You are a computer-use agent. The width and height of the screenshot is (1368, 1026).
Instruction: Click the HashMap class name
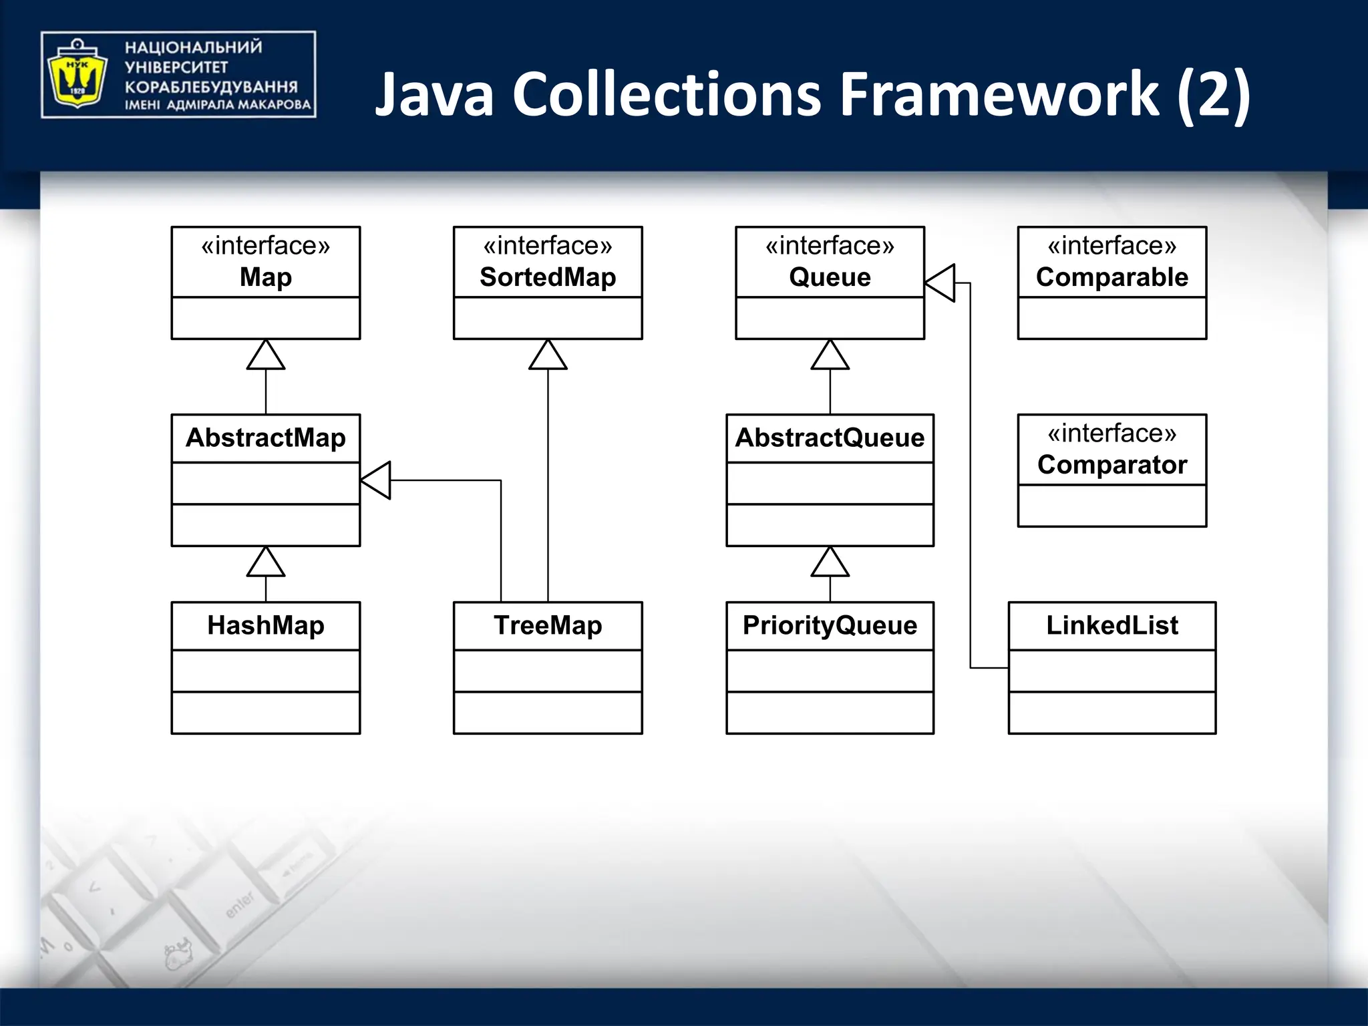click(x=266, y=626)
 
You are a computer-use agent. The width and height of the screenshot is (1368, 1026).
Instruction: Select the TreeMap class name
click(x=548, y=626)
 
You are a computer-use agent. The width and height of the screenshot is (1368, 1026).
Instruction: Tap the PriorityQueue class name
click(x=830, y=626)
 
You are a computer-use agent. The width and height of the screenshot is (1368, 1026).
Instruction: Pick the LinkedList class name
click(x=1112, y=626)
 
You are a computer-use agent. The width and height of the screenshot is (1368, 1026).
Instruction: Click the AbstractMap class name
click(x=266, y=438)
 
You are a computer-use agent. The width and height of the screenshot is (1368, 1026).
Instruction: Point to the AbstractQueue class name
click(x=830, y=438)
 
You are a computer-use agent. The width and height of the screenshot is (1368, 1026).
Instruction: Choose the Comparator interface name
click(x=1112, y=465)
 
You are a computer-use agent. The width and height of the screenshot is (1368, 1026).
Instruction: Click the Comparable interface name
click(x=1112, y=277)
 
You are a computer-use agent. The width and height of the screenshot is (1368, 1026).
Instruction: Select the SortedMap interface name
click(x=548, y=277)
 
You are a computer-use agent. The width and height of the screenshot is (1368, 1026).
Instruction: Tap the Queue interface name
click(x=830, y=277)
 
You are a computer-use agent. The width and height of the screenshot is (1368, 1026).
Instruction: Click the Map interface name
click(x=266, y=277)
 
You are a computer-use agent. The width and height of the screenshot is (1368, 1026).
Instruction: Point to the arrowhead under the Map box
click(x=266, y=355)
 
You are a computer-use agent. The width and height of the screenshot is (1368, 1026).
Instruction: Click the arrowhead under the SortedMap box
click(x=548, y=355)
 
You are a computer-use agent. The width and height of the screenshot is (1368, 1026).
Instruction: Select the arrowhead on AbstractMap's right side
click(x=376, y=480)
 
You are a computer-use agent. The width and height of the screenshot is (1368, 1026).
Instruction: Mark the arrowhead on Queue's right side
click(x=940, y=283)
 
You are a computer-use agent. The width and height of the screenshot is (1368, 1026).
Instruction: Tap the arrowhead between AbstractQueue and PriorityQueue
click(x=830, y=562)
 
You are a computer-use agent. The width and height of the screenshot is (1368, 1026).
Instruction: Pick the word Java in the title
click(x=434, y=95)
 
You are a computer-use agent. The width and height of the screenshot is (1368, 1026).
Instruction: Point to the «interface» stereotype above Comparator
click(x=1112, y=434)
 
